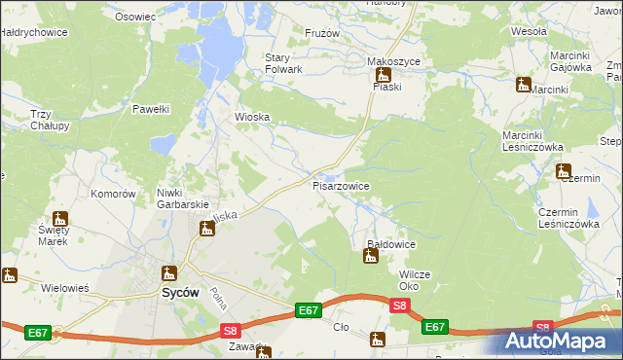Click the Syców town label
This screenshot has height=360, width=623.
(180, 291)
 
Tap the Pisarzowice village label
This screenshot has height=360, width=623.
(340, 185)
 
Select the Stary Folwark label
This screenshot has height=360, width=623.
(284, 63)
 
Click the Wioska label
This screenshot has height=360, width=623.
(251, 118)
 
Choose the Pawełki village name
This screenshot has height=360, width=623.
(152, 109)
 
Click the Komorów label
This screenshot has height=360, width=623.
(113, 194)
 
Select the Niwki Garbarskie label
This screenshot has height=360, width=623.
(184, 198)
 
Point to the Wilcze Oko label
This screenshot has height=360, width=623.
(415, 280)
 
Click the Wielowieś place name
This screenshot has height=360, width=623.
(65, 288)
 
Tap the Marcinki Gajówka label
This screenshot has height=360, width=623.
(571, 61)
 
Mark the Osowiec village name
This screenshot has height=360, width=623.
(135, 17)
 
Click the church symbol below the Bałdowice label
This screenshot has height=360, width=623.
(370, 257)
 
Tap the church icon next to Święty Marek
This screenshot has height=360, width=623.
(60, 219)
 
